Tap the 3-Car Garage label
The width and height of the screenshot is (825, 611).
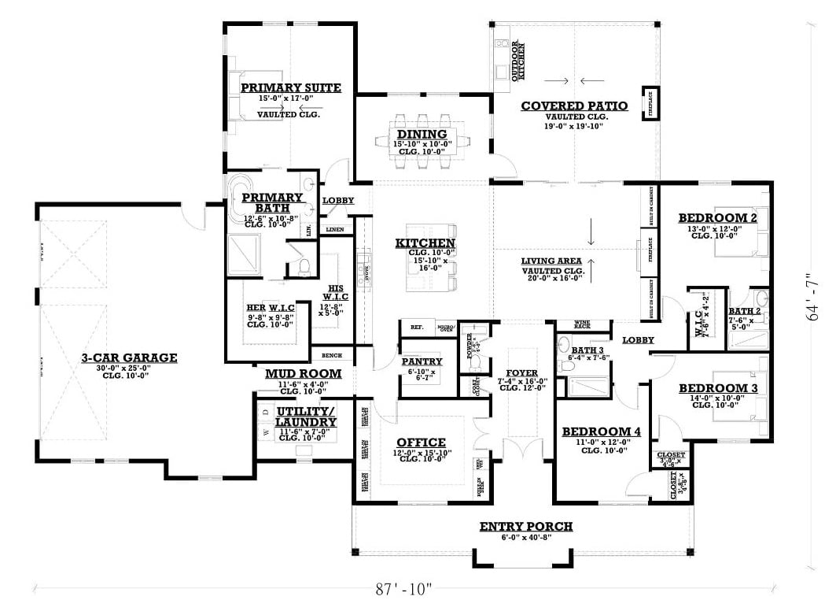(x=129, y=357)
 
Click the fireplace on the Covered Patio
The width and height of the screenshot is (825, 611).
(x=650, y=102)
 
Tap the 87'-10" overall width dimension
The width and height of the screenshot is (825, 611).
(x=404, y=588)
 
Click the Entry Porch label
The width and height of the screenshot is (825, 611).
(x=525, y=526)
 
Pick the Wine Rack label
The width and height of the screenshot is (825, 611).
(x=582, y=324)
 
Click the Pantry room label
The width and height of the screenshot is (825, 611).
(x=422, y=361)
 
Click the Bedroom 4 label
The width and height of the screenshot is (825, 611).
(x=595, y=431)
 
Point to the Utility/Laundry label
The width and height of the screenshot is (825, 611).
(x=305, y=417)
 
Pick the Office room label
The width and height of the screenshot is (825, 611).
(x=421, y=443)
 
